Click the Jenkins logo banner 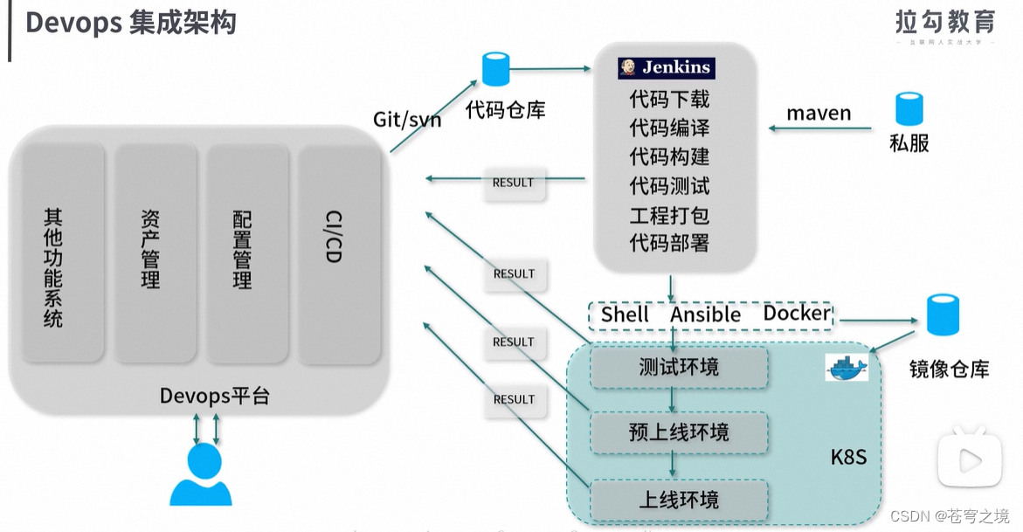coord(666,68)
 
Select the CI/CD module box coord(339,253)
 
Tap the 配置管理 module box coord(247,253)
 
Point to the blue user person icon coord(201,475)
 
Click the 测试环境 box coord(678,368)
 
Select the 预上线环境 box coord(678,432)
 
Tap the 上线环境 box coord(678,500)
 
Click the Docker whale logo coord(847,368)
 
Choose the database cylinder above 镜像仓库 coord(943,315)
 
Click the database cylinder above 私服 coord(909,109)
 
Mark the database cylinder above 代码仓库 coord(495,70)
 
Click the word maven coord(819,113)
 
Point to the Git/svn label coord(407,119)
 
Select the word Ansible coord(705,314)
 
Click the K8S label coord(847,457)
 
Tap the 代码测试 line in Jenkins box coord(669,185)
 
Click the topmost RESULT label coord(513,183)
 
